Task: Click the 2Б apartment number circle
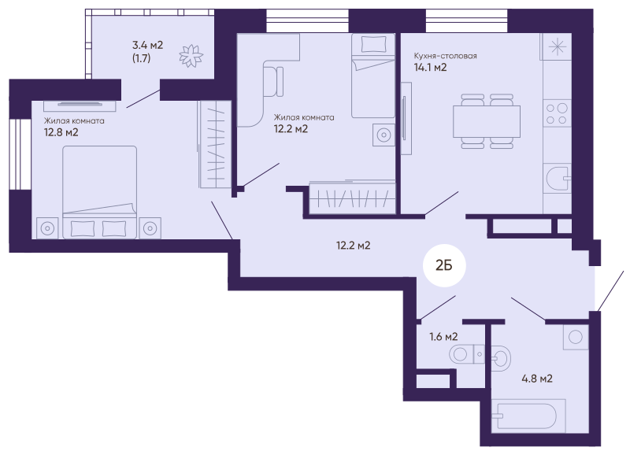click(444, 265)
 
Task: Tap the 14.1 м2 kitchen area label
click(430, 68)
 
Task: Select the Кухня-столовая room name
click(446, 56)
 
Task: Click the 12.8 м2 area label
click(61, 132)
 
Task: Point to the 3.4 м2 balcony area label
click(148, 45)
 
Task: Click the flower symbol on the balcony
click(191, 55)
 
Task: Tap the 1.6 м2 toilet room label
click(443, 337)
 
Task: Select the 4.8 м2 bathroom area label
click(537, 379)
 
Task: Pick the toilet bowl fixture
click(466, 354)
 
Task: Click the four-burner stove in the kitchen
click(557, 113)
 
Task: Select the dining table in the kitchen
click(487, 121)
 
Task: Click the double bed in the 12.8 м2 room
click(99, 192)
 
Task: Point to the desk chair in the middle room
click(273, 82)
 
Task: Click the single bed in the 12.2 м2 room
click(373, 76)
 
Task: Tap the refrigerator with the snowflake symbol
click(557, 47)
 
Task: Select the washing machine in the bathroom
click(576, 337)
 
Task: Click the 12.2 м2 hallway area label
click(353, 246)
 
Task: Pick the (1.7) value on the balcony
click(142, 58)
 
